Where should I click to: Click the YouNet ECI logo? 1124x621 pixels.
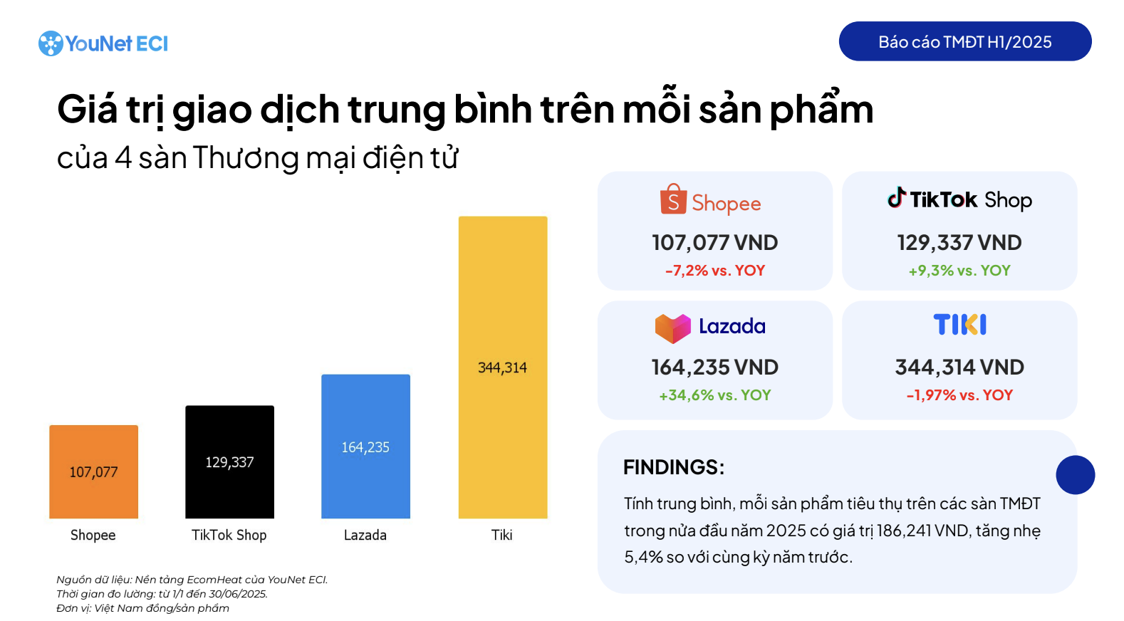coord(103,43)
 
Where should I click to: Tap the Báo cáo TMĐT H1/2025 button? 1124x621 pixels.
coord(964,41)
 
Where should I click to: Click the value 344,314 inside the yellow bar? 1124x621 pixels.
coord(502,367)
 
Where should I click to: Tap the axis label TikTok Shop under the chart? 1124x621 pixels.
coord(229,535)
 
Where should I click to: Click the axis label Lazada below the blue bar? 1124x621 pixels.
coord(365,535)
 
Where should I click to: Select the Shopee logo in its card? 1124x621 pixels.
coord(710,202)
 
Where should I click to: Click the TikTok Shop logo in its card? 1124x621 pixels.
coord(959,199)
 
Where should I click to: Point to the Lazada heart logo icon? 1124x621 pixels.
coord(672,328)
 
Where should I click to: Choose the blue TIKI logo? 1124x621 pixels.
coord(959,325)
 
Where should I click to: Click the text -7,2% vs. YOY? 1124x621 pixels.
coord(714,271)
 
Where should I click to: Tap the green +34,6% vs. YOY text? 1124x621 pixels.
coord(714,395)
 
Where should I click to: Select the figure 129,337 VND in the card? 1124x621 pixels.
coord(959,243)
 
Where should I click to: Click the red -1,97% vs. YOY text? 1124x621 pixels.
coord(959,395)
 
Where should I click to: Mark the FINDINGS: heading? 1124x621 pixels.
coord(673,467)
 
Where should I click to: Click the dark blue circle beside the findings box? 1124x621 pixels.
coord(1075,475)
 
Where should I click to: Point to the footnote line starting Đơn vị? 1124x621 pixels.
coord(142,608)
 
